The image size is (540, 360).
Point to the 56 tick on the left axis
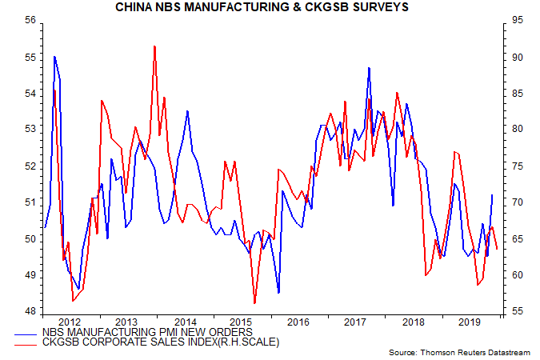[x=30, y=21]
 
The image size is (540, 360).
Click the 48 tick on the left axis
[x=30, y=312]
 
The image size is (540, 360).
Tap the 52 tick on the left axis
[x=30, y=166]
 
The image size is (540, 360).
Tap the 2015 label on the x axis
[x=242, y=322]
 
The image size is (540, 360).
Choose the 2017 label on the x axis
[x=356, y=322]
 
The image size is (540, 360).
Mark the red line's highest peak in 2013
[x=154, y=46]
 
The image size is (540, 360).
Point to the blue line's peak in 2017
[x=369, y=68]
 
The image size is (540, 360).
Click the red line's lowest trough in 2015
[x=254, y=303]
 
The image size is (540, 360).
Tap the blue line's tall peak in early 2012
[x=54, y=56]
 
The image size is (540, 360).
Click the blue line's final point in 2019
[x=491, y=194]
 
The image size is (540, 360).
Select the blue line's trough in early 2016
[x=278, y=293]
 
